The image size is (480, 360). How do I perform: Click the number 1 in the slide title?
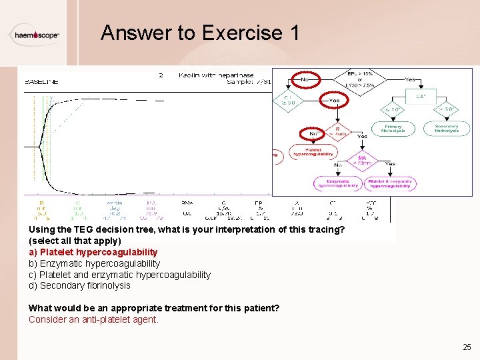click(294, 33)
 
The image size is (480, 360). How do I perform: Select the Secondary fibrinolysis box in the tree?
click(447, 128)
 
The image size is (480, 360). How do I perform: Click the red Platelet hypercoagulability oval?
click(313, 152)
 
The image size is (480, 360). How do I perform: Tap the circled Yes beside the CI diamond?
click(333, 101)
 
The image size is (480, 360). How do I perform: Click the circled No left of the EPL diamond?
click(305, 79)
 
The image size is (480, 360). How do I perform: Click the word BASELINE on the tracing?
click(41, 82)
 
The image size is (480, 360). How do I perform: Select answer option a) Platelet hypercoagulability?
click(93, 252)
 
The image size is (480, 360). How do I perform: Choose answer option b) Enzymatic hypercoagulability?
click(94, 263)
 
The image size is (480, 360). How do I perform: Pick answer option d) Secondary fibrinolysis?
click(79, 285)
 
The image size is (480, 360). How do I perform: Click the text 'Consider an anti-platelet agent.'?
click(93, 319)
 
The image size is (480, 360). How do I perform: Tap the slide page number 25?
click(467, 347)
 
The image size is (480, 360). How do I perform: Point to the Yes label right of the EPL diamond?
click(411, 79)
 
